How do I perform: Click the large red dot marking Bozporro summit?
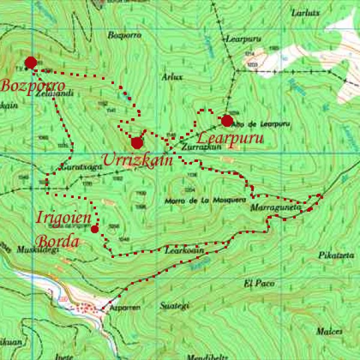pyautogui.click(x=31, y=62)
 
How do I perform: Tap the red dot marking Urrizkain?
pyautogui.click(x=137, y=143)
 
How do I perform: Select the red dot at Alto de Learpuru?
pyautogui.click(x=227, y=121)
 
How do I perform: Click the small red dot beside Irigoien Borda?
pyautogui.click(x=95, y=229)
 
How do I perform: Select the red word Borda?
pyautogui.click(x=57, y=241)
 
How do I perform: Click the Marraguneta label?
pyautogui.click(x=271, y=208)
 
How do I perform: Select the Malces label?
pyautogui.click(x=330, y=331)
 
